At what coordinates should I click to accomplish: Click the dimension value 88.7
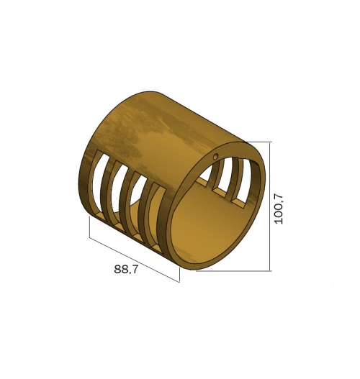(125, 269)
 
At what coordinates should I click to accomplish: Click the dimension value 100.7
(279, 209)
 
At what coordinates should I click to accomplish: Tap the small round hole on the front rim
(215, 157)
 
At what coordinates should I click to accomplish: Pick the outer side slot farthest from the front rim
(99, 185)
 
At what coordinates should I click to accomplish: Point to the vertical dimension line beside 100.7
(269, 206)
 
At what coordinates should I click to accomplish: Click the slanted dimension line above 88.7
(135, 260)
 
